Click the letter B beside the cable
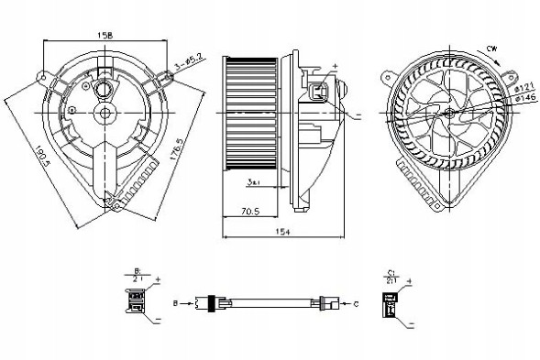(173, 300)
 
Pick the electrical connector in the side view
(317, 92)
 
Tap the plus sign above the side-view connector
(336, 66)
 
